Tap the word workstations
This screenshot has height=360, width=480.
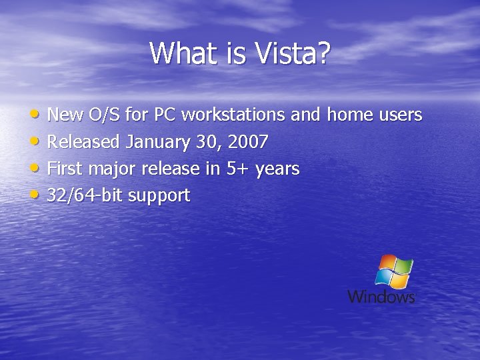coord(233,115)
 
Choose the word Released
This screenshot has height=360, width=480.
coord(84,142)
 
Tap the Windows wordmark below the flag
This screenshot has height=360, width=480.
coord(381,297)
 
